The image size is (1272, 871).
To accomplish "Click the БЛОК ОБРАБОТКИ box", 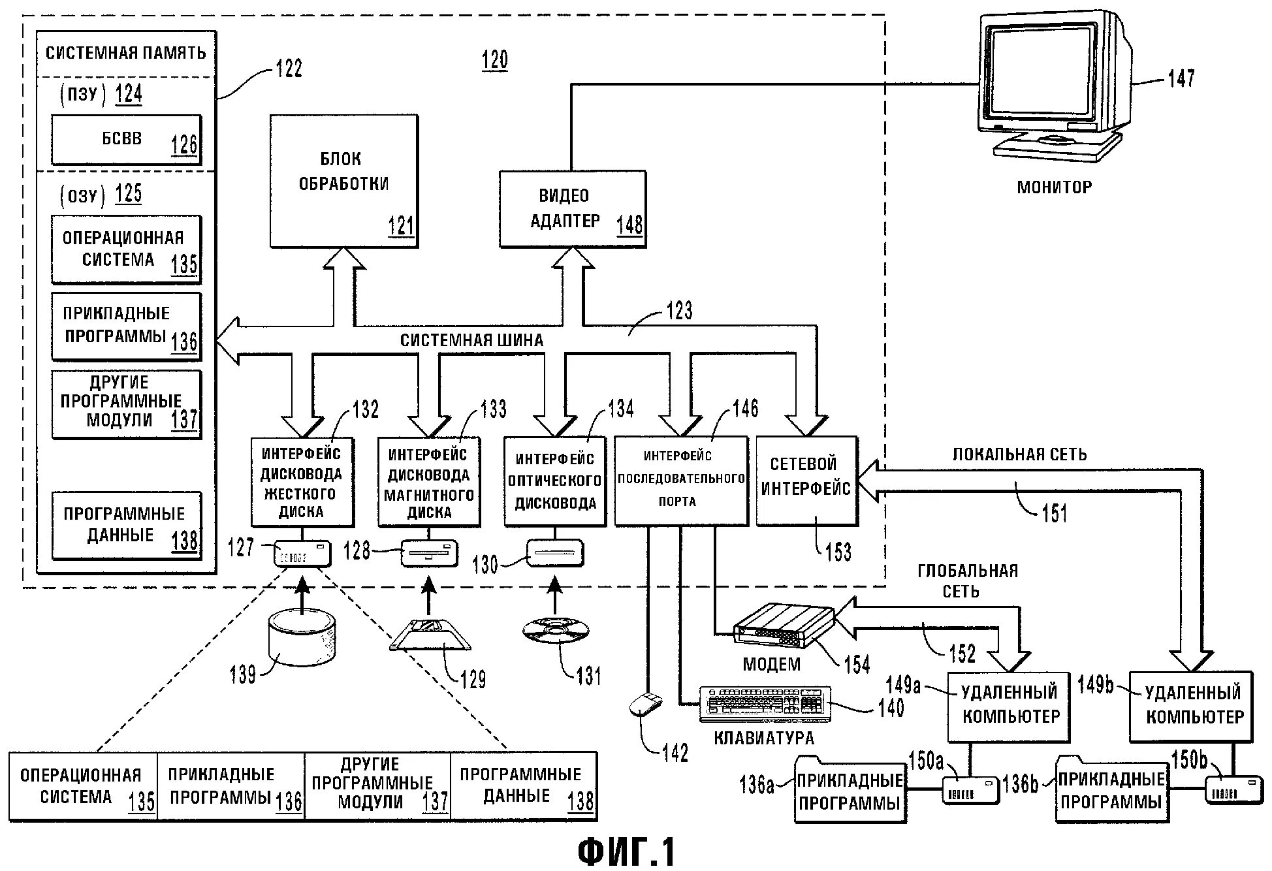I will click(344, 181).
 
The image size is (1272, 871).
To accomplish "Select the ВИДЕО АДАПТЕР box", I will click(572, 209).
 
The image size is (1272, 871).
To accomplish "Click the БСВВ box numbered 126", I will click(126, 140).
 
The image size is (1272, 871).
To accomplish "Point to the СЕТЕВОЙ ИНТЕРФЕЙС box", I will click(806, 481).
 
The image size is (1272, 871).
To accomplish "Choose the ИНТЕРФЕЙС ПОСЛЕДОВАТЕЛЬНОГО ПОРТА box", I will click(680, 481).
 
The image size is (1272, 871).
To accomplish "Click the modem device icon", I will click(784, 626).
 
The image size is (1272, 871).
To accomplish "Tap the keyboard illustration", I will click(765, 704).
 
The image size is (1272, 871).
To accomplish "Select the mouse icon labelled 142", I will click(645, 705).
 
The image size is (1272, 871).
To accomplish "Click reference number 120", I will click(494, 60).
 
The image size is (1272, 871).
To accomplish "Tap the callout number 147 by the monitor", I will click(1181, 78).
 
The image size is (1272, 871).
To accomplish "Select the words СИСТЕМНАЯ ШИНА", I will click(471, 340).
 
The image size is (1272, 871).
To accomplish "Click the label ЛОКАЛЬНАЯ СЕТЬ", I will click(1019, 454).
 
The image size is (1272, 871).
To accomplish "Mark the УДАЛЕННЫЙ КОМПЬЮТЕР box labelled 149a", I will click(1009, 706).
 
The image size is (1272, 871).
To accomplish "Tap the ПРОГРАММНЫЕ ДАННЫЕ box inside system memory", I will click(126, 525).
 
